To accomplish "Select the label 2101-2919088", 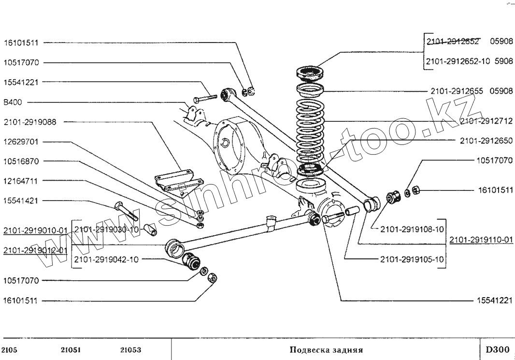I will (30, 122).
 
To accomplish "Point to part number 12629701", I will (23, 142).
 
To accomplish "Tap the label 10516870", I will (23, 161).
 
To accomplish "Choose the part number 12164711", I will (23, 181).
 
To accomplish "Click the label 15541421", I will (23, 201).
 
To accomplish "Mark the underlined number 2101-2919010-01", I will (35, 230).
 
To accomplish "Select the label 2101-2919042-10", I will (106, 259).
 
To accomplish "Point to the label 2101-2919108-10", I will (412, 229).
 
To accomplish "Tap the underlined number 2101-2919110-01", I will (481, 240).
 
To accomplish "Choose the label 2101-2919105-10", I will (412, 259).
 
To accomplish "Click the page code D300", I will (497, 349).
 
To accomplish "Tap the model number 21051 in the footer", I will (71, 350).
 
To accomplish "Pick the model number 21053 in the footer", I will (131, 350).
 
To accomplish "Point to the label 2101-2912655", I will (457, 91).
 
